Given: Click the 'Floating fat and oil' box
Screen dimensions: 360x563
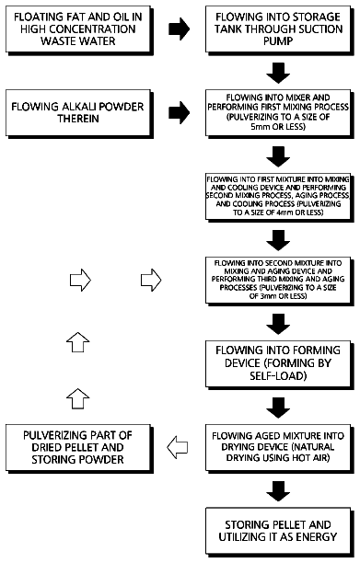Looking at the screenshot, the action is pos(79,30).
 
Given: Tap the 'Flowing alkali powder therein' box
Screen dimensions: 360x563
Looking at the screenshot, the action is pos(79,114).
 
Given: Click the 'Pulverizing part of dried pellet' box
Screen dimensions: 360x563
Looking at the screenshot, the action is pos(79,448).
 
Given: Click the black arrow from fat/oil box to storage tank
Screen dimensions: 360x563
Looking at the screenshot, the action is pos(179,29).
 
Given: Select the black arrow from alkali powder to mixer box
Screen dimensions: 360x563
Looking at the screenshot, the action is pos(179,113).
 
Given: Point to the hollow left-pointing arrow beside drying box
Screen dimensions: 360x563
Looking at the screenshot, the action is pos(178,447).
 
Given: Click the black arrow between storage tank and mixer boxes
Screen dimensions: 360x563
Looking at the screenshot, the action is pos(278,74).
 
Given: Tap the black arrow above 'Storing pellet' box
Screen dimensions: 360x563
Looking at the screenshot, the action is pos(278,491).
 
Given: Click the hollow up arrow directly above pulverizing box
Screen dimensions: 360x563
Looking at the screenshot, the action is pos(78,398).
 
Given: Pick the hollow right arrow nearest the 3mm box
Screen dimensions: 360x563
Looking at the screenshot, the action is pos(151,280).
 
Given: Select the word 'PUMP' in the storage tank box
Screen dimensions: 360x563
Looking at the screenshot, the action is pos(278,41).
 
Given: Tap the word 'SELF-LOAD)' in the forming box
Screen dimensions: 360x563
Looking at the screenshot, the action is pos(278,376).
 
